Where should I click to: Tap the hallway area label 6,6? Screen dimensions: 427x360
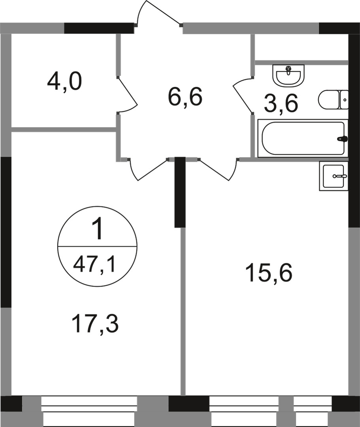(185, 97)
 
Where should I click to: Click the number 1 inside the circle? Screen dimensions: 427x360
(97, 231)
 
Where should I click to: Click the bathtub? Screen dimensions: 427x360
(302, 138)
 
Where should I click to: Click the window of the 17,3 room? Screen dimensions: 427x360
(89, 411)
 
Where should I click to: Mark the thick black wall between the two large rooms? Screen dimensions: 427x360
(180, 192)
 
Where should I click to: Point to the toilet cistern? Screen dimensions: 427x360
(344, 100)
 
